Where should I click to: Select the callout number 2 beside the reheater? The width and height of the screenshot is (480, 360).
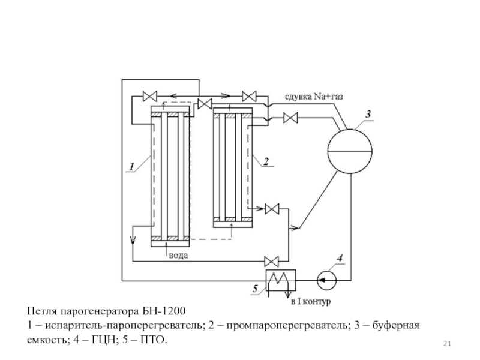265,160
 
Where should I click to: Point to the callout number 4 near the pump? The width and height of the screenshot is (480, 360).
340,259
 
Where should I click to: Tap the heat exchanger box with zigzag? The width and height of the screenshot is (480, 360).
278,278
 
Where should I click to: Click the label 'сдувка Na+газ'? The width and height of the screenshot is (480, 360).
314,96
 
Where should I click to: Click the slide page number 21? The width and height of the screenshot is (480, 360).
446,343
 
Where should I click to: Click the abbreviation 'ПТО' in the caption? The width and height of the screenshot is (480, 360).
153,340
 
